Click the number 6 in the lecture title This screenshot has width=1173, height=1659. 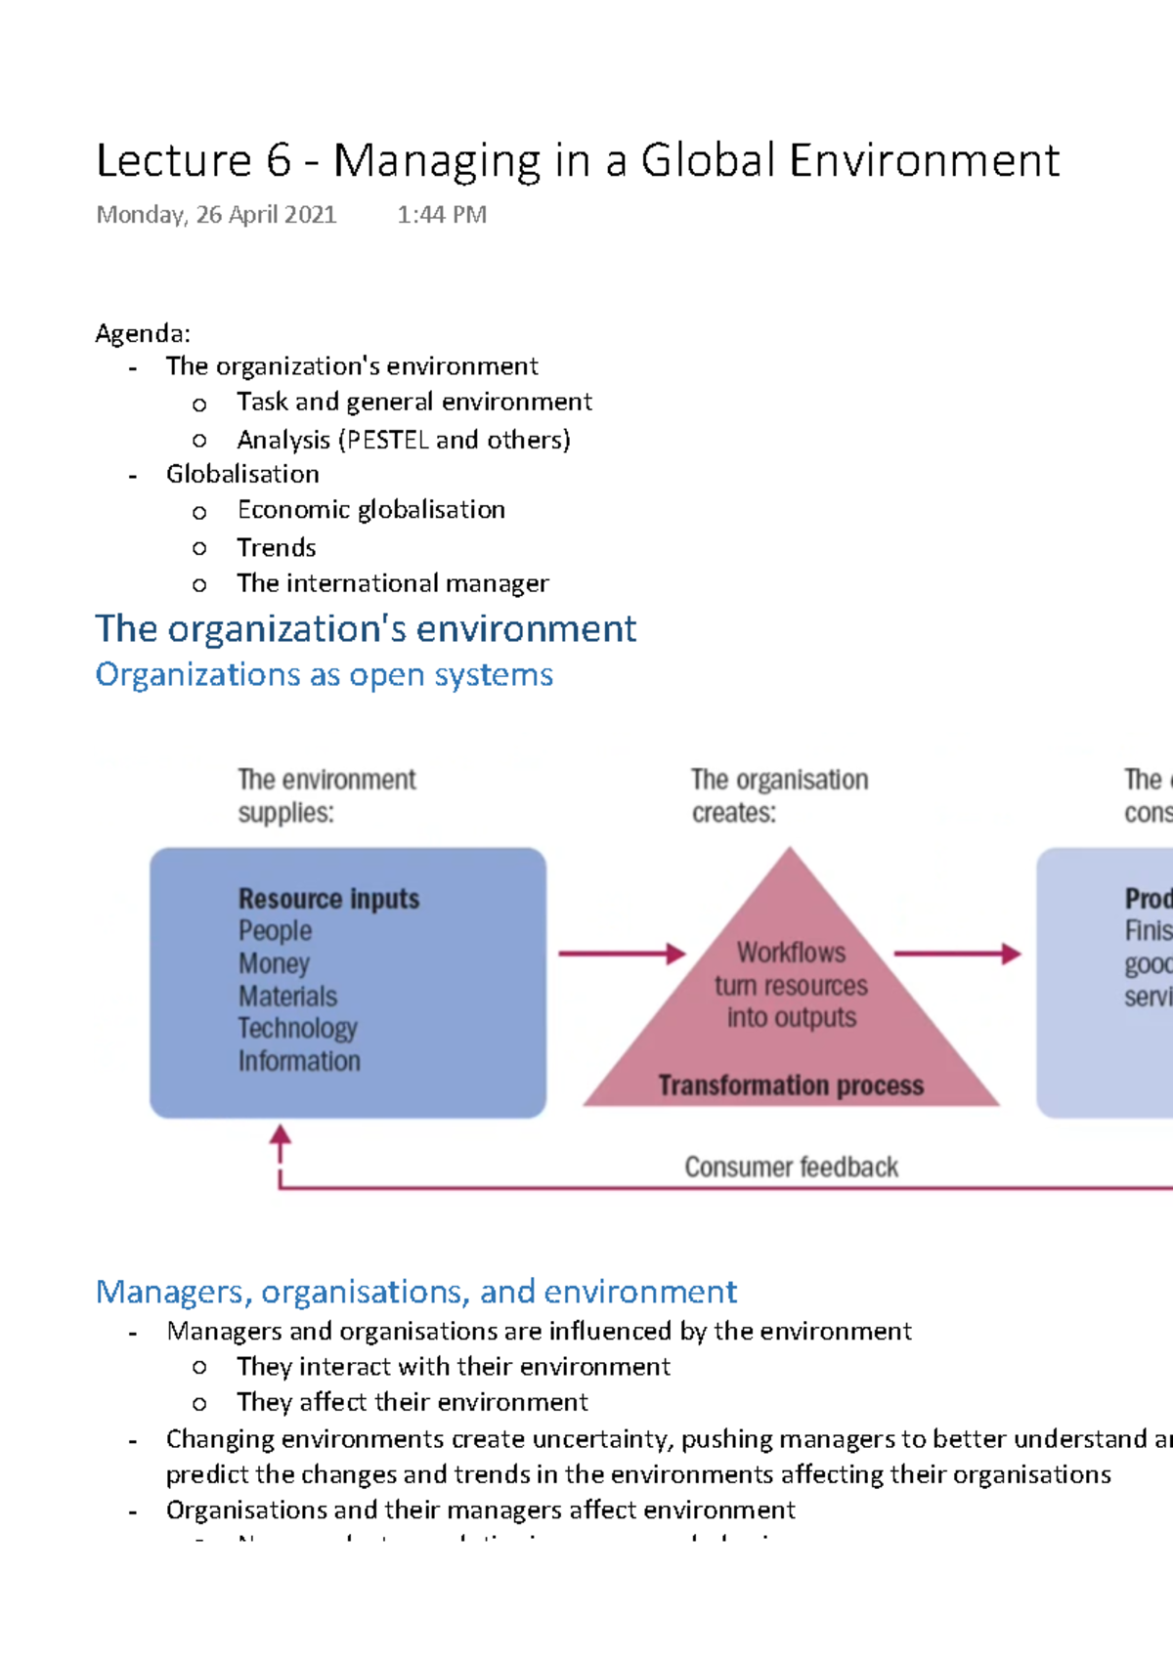pos(278,161)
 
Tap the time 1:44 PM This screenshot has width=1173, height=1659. pos(441,215)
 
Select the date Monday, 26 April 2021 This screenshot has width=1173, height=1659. pos(216,215)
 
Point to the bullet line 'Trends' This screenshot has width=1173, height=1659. pos(277,547)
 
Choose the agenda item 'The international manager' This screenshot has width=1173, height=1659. pos(392,583)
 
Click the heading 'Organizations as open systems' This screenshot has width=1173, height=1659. pos(324,675)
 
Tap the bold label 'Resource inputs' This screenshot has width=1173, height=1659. pos(328,899)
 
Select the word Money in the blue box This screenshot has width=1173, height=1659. pos(274,963)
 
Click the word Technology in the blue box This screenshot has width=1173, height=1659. pos(297,1029)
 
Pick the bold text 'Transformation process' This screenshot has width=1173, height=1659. pos(790,1085)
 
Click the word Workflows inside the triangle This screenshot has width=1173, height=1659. pos(791,953)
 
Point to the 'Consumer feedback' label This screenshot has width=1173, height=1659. pos(790,1167)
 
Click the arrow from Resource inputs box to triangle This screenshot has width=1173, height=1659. pos(622,954)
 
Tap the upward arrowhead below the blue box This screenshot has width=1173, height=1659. pos(281,1135)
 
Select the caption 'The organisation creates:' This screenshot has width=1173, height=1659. pos(779,795)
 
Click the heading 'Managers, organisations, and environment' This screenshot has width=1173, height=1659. pos(415,1292)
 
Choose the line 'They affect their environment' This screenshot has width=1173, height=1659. pos(412,1402)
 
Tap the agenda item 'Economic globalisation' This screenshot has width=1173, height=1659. pos(370,510)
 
